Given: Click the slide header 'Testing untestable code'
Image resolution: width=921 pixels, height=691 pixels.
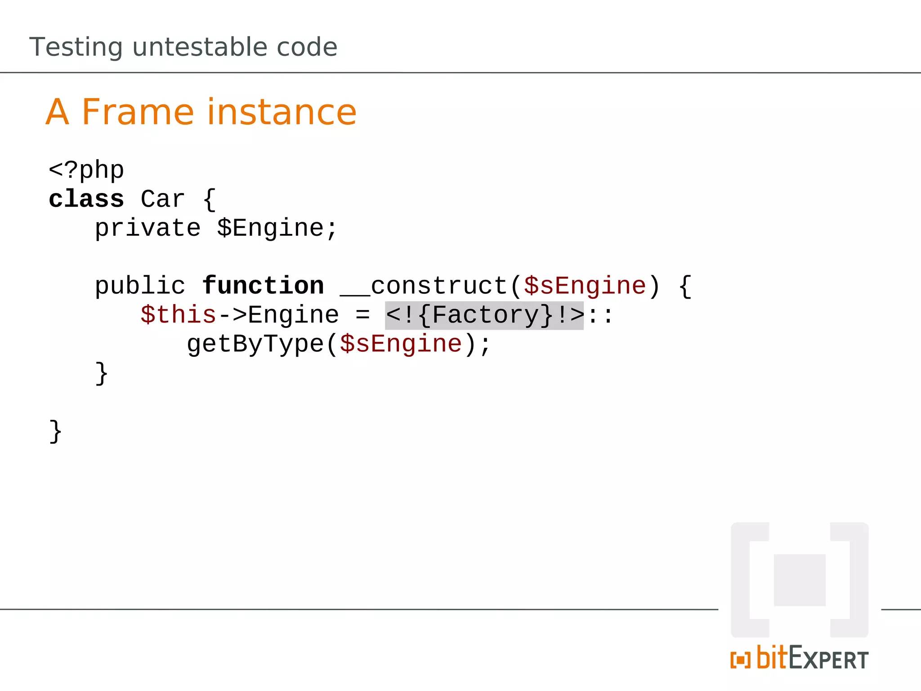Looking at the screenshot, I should pyautogui.click(x=183, y=47).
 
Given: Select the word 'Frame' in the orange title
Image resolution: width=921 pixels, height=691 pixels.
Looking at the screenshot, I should pyautogui.click(x=138, y=112).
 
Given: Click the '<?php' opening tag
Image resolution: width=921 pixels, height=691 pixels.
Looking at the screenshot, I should pyautogui.click(x=86, y=171).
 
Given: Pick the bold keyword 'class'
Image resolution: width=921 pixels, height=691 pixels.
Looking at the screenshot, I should pyautogui.click(x=86, y=199).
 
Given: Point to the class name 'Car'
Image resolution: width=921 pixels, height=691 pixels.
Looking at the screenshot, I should pyautogui.click(x=163, y=199).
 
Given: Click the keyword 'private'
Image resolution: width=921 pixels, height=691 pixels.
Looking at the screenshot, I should pyautogui.click(x=148, y=228).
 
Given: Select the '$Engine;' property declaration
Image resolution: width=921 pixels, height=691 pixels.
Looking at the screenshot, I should pyautogui.click(x=277, y=228).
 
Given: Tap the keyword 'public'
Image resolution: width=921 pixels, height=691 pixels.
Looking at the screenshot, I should pyautogui.click(x=140, y=286).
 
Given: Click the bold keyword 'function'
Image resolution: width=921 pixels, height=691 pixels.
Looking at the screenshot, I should pyautogui.click(x=263, y=286).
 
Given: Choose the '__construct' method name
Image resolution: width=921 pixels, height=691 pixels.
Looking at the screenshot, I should pyautogui.click(x=424, y=286).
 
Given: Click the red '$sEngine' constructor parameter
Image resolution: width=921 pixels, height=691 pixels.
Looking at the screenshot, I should pyautogui.click(x=585, y=286).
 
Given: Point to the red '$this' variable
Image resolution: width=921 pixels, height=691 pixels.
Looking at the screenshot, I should pyautogui.click(x=178, y=315).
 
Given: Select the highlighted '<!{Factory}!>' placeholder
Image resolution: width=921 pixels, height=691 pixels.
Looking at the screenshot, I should pyautogui.click(x=484, y=315).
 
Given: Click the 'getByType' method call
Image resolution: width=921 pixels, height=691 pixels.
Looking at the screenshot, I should pyautogui.click(x=255, y=344).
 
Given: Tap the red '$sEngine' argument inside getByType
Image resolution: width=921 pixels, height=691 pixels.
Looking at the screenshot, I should pyautogui.click(x=401, y=344).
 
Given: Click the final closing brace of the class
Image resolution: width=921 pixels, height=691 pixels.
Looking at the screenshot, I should pyautogui.click(x=55, y=432).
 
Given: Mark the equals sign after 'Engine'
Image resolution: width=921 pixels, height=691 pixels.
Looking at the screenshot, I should pyautogui.click(x=362, y=315).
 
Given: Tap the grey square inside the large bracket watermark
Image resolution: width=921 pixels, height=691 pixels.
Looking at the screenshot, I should pyautogui.click(x=800, y=580).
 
